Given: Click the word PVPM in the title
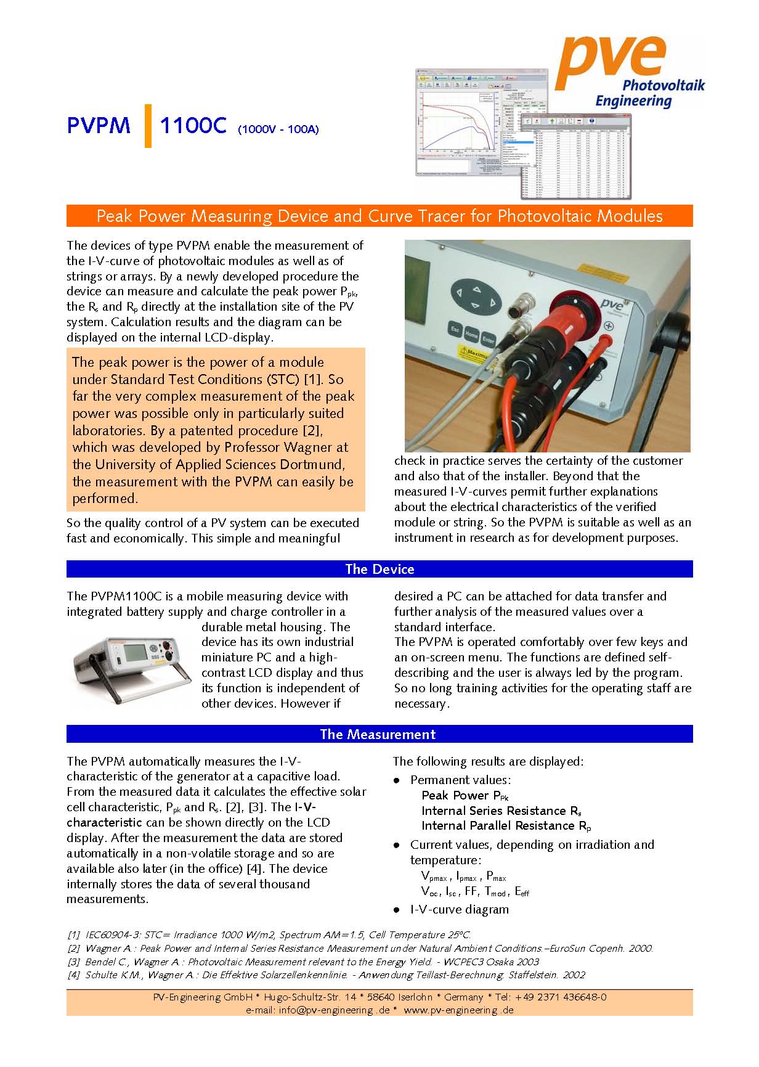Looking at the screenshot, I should tap(99, 126).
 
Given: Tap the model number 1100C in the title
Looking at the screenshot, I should tap(193, 126).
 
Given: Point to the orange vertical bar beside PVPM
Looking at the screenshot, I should tap(148, 126).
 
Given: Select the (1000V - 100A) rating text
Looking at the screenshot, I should tap(278, 129).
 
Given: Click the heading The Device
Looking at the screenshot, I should tap(379, 569).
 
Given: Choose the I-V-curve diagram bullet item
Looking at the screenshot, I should tap(460, 909).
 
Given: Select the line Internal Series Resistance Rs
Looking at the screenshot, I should tap(501, 811).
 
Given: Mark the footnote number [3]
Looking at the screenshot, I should tap(74, 962).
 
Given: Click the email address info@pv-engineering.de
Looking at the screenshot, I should tap(334, 1010).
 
